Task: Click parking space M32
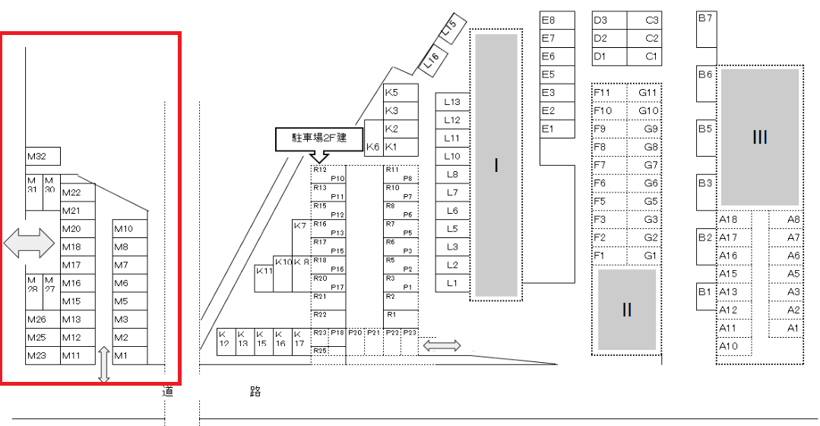pos(43,157)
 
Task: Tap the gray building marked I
pos(495,165)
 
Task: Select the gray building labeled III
pos(759,137)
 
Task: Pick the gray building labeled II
pos(626,310)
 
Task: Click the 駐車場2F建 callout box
pos(319,138)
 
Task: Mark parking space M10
pos(130,229)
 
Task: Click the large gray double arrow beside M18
pos(30,243)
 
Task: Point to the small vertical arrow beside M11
pos(104,364)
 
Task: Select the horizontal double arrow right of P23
pos(442,345)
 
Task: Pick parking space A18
pos(733,220)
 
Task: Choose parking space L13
pos(453,102)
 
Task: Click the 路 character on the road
pos(255,392)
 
